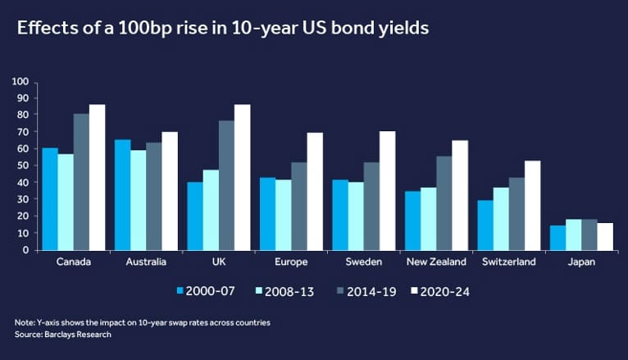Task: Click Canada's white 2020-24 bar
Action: [97, 177]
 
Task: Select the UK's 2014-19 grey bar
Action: [226, 185]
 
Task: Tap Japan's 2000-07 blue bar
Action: [557, 238]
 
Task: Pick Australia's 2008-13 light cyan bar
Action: [139, 200]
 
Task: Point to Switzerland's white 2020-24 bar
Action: [533, 206]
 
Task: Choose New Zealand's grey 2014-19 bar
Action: [444, 203]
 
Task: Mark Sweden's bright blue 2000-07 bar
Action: [340, 215]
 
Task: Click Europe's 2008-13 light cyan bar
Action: [283, 215]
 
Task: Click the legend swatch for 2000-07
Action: [180, 291]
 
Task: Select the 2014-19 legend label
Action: [371, 291]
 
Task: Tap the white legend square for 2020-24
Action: [414, 291]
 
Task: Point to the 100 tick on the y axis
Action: [20, 82]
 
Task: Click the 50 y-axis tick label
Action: [23, 166]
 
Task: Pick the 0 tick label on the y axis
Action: [26, 250]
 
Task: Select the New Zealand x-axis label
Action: [436, 262]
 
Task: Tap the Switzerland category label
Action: [508, 262]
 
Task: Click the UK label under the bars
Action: [219, 262]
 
